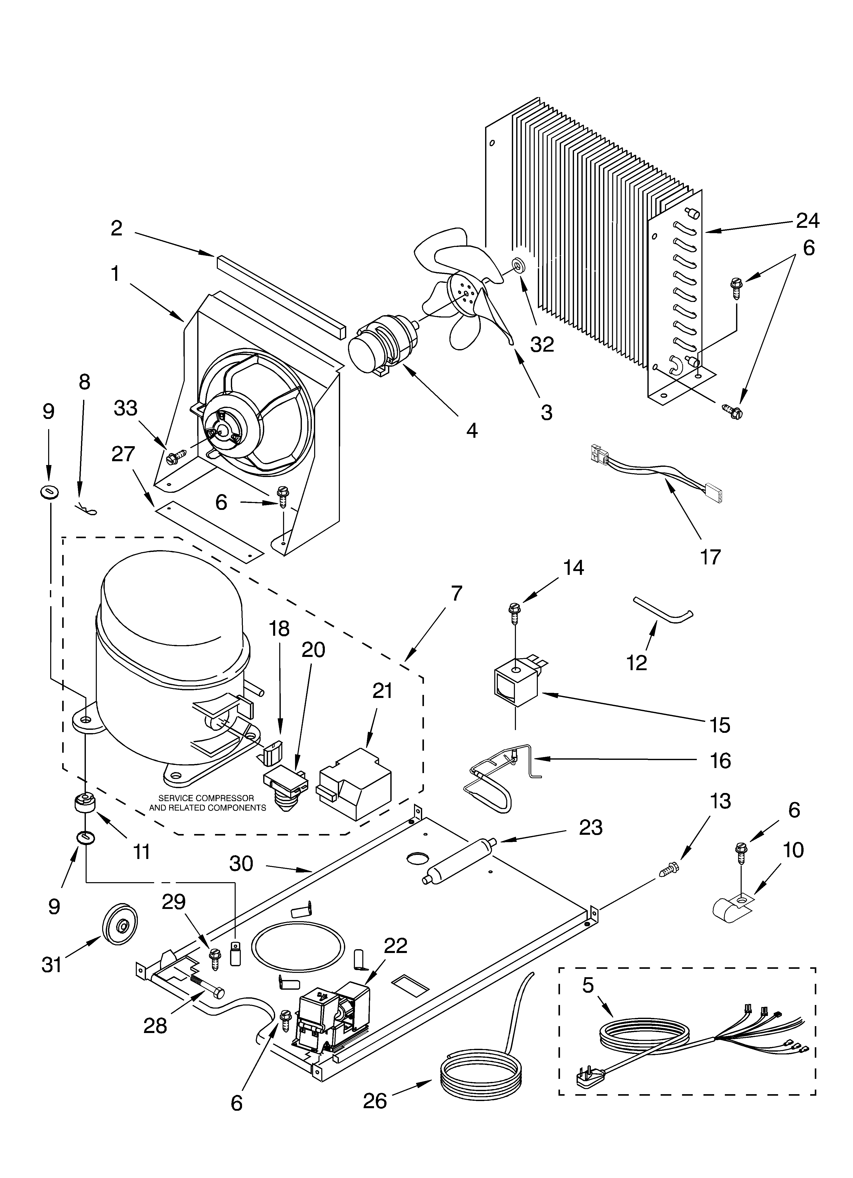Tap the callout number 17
(710, 557)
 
